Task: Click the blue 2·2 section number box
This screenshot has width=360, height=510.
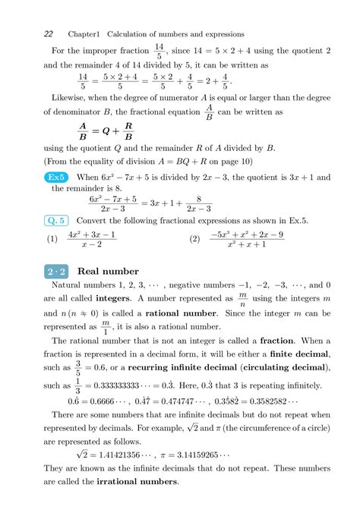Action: [x=55, y=271]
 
